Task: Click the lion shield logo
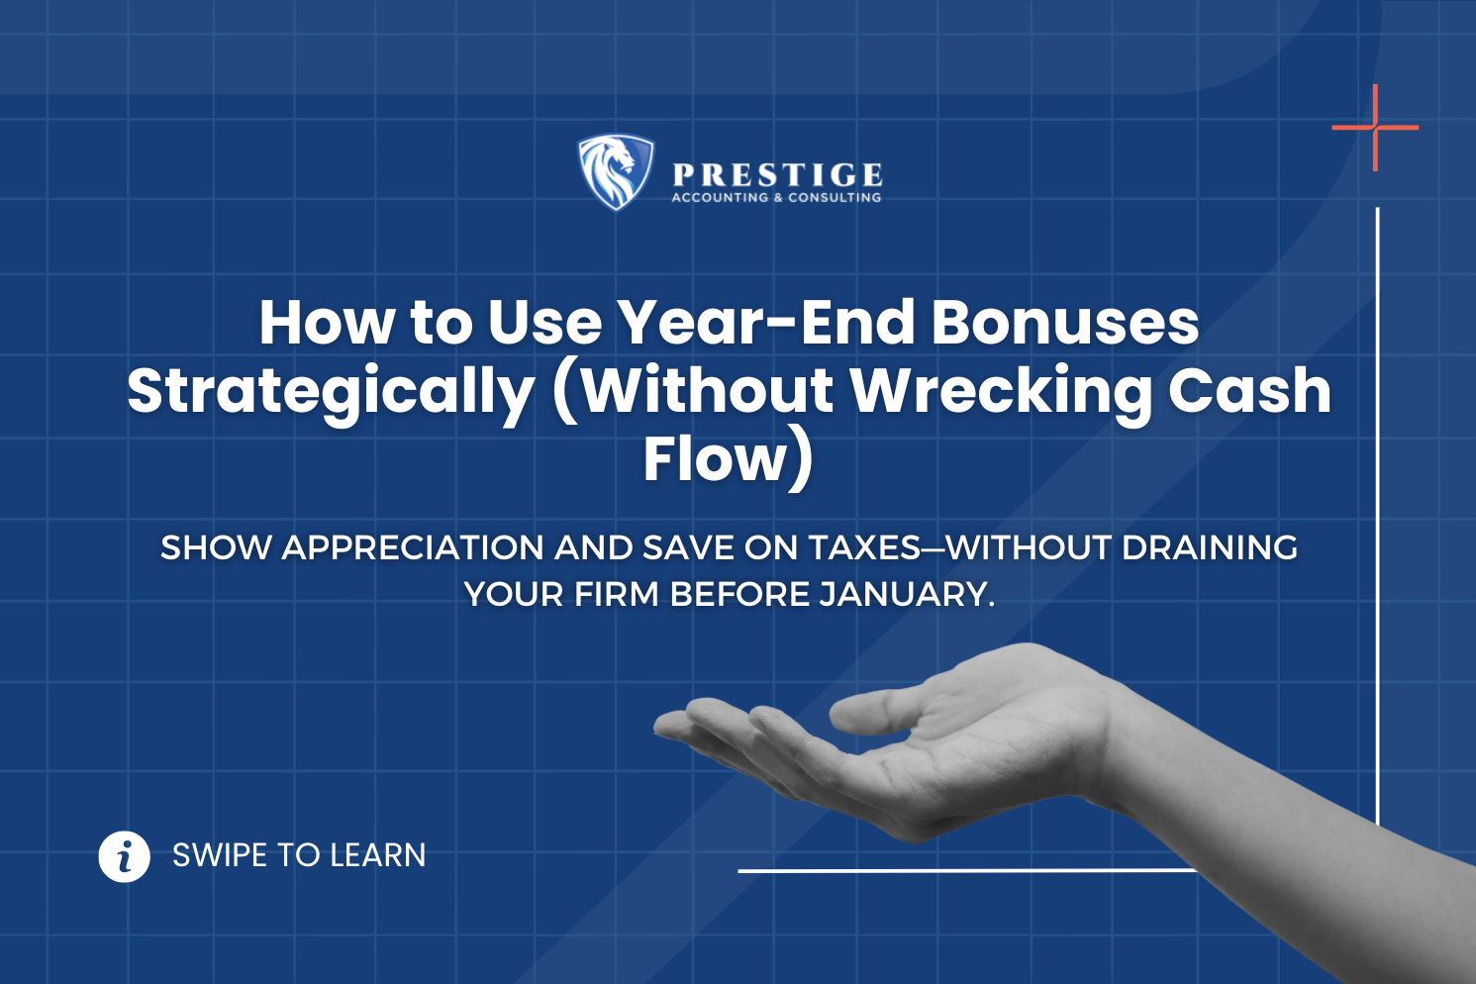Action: [x=616, y=172]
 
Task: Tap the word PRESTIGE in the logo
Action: [x=777, y=175]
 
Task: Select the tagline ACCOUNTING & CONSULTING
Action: [x=777, y=198]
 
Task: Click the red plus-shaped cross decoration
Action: [x=1375, y=127]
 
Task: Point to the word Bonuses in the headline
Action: [x=1065, y=323]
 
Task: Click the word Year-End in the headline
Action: [x=766, y=323]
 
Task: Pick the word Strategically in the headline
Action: [x=331, y=393]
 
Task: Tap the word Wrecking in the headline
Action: [x=1001, y=393]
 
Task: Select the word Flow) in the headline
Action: [x=729, y=460]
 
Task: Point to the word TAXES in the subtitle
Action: [x=864, y=547]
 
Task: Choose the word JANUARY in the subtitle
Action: [x=907, y=595]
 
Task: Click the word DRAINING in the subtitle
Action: [x=1210, y=547]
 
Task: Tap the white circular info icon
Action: [x=125, y=856]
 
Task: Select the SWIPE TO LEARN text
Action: [x=299, y=855]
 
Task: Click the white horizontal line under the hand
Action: [x=966, y=870]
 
